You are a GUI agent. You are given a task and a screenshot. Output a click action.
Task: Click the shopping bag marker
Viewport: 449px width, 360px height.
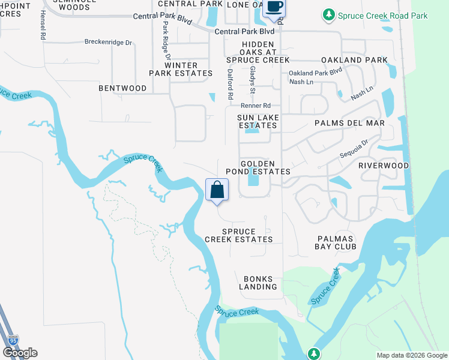[217, 190]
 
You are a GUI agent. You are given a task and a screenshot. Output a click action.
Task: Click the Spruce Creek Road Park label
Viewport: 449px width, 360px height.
[382, 16]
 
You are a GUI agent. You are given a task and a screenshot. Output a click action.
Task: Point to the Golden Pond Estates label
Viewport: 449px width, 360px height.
[258, 167]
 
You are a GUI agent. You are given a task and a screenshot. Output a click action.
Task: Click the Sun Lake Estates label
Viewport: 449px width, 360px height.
[258, 122]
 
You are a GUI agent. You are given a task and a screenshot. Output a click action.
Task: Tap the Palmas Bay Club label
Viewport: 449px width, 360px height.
[336, 242]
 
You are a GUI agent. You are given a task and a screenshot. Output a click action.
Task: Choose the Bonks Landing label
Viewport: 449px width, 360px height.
[258, 283]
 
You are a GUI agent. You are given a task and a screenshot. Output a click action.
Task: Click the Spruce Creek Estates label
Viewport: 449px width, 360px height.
[239, 235]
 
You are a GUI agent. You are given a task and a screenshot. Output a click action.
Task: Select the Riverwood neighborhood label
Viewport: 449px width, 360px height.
[384, 166]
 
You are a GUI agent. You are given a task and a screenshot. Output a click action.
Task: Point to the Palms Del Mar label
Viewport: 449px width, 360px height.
[349, 123]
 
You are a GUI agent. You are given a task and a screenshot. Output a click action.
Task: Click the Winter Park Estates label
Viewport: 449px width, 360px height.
[181, 69]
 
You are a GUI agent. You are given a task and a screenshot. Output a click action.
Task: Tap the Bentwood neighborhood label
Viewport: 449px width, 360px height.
[122, 88]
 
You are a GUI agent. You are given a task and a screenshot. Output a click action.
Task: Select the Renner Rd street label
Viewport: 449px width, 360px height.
[256, 106]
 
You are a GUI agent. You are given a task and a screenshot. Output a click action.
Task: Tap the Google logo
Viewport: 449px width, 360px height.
[20, 353]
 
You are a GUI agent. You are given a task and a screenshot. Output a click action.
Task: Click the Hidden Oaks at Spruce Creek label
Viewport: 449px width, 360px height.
[258, 52]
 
